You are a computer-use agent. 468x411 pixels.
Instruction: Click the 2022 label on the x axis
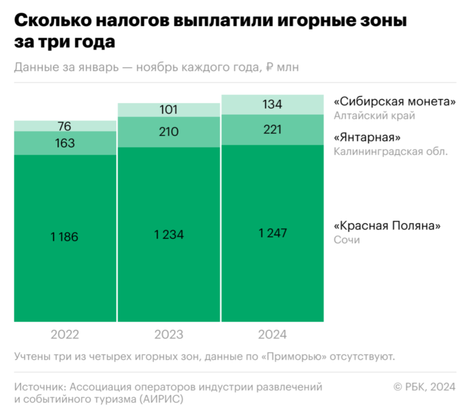point(65,335)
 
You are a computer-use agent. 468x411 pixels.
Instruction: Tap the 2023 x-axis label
point(168,335)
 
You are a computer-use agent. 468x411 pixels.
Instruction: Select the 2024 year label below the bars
point(272,335)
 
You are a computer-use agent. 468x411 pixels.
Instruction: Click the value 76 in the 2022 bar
point(65,126)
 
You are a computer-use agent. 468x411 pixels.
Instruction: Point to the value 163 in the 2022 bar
point(65,143)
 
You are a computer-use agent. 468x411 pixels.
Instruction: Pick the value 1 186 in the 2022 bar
point(65,237)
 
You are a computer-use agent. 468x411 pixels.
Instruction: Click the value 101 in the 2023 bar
point(168,110)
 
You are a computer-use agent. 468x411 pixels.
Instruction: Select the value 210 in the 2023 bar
point(168,132)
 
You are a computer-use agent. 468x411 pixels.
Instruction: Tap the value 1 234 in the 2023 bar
point(168,234)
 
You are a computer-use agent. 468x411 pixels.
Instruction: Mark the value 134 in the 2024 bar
point(272,104)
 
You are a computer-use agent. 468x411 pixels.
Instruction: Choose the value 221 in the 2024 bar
point(272,130)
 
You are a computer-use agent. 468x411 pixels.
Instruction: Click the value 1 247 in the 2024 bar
point(272,233)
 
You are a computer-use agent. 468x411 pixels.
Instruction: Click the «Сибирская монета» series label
point(394,102)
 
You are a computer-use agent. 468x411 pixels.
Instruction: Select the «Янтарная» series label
point(367,137)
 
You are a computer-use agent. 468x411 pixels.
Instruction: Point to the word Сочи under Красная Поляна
point(347,240)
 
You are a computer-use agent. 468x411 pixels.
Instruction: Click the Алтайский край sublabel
point(374,116)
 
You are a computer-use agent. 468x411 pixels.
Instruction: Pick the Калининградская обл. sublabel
point(390,151)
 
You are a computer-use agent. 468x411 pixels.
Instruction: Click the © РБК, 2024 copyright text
point(425,386)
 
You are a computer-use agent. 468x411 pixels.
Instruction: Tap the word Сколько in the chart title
point(52,22)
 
